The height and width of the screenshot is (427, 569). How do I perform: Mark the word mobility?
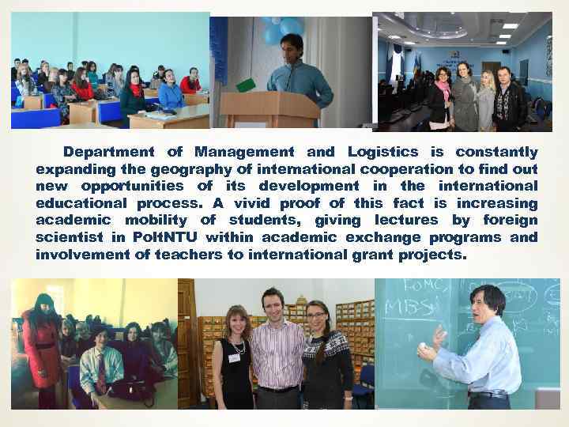pos(141,221)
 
